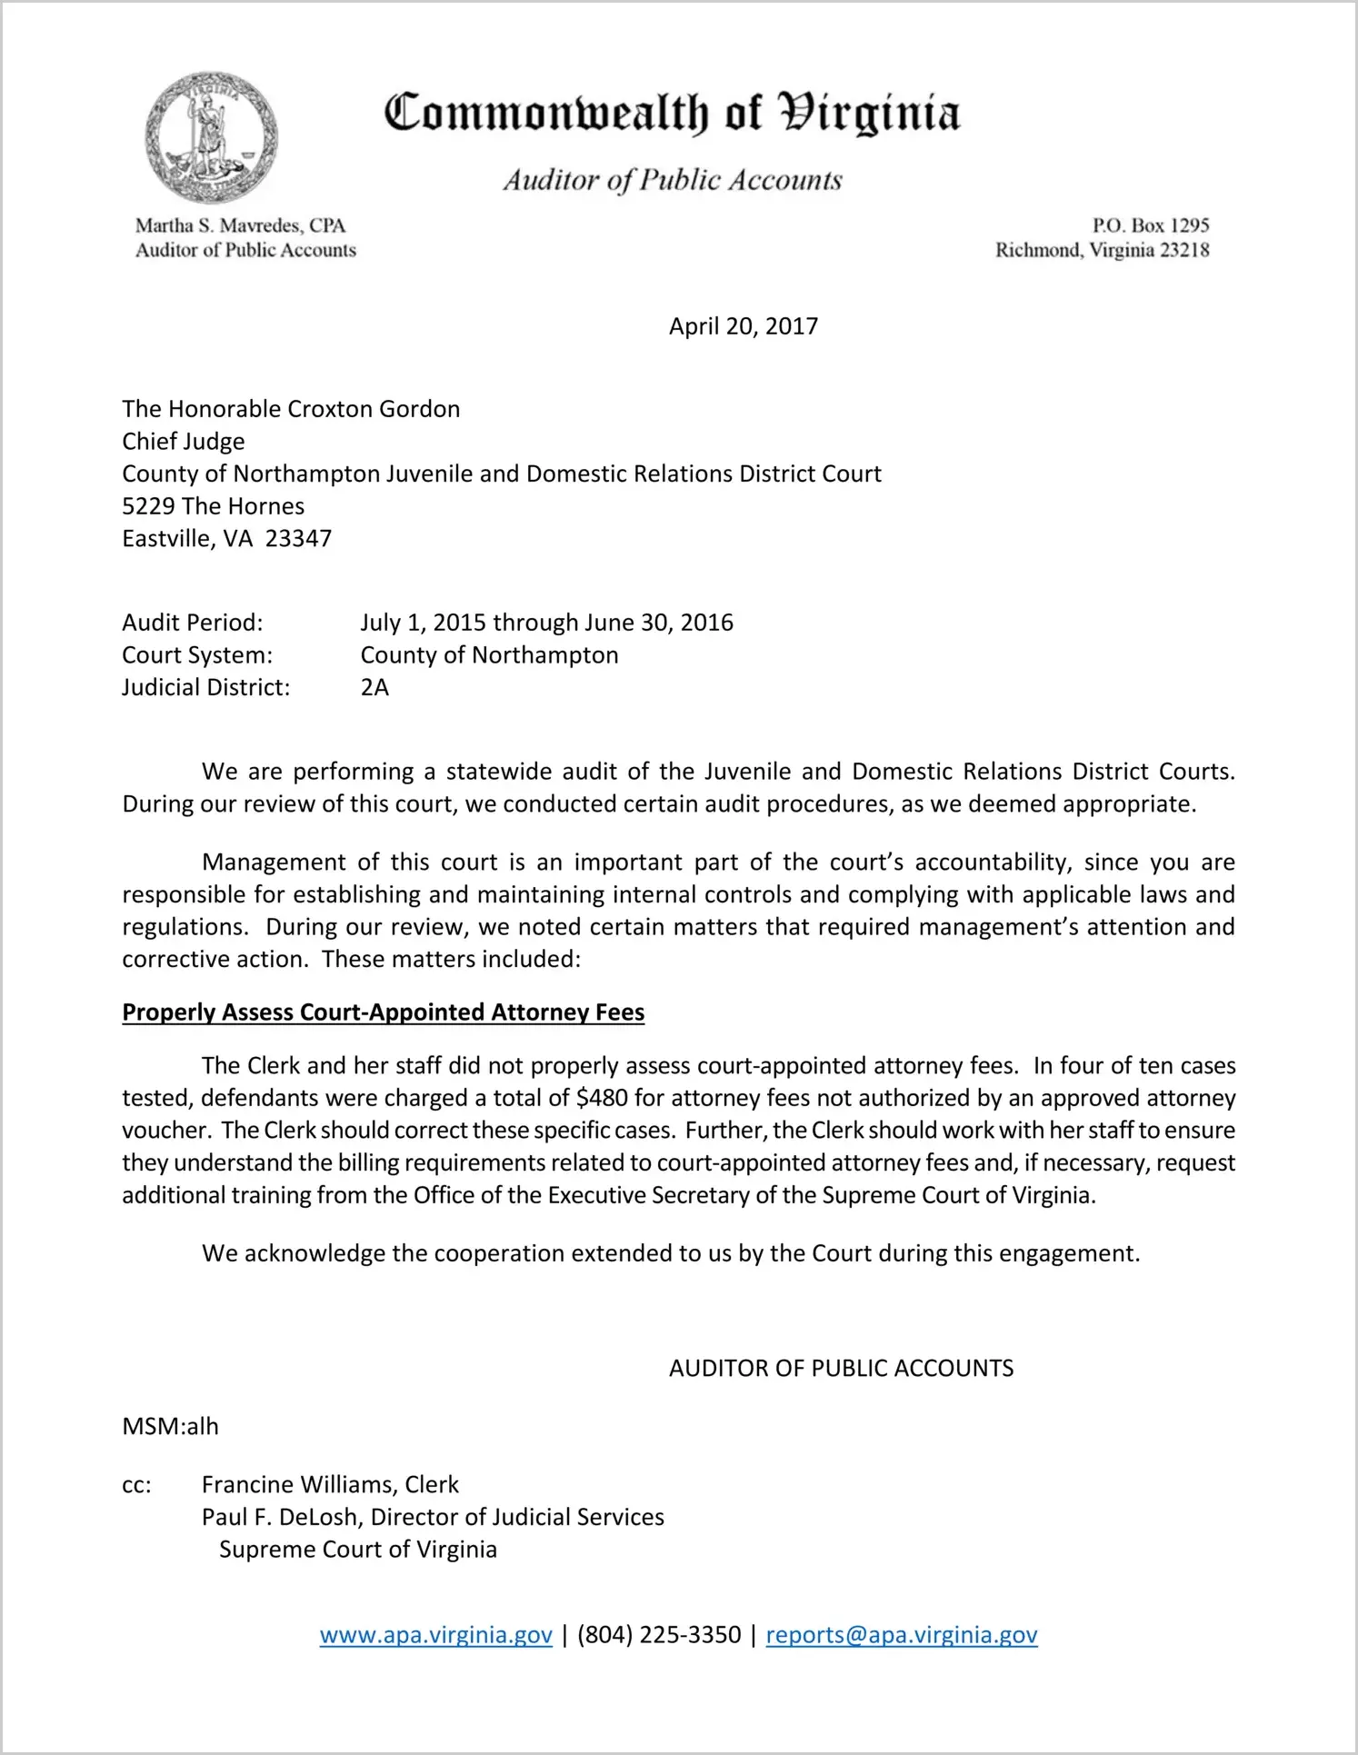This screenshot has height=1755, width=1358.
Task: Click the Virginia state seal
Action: tap(211, 137)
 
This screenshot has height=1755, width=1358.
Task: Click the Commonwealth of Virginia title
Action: tap(672, 114)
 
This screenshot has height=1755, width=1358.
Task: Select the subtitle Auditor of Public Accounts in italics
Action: tap(673, 180)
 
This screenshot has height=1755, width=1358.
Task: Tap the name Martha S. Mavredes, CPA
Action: tap(240, 225)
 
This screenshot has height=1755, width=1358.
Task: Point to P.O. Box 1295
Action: tap(1150, 225)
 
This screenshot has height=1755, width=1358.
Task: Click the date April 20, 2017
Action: tap(743, 326)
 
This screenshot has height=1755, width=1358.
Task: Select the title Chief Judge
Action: tap(184, 442)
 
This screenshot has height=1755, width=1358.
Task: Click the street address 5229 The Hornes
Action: tap(214, 506)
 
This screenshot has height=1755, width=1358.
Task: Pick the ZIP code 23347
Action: tap(298, 539)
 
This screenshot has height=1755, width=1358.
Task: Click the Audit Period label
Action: tap(193, 623)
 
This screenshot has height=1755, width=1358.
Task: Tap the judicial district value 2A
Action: tap(374, 687)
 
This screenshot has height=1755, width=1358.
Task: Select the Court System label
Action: tap(197, 655)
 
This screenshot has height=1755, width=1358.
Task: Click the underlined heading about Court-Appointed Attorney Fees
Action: tap(383, 1012)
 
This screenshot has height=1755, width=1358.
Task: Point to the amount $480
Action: tap(602, 1098)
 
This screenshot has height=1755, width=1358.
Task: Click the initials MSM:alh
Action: tap(170, 1426)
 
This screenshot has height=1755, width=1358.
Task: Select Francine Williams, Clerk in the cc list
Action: tap(330, 1484)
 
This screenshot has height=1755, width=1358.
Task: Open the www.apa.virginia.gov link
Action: tap(435, 1635)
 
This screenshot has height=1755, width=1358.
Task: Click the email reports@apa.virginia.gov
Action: tap(901, 1635)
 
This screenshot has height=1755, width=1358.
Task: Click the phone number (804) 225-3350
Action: tap(659, 1635)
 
